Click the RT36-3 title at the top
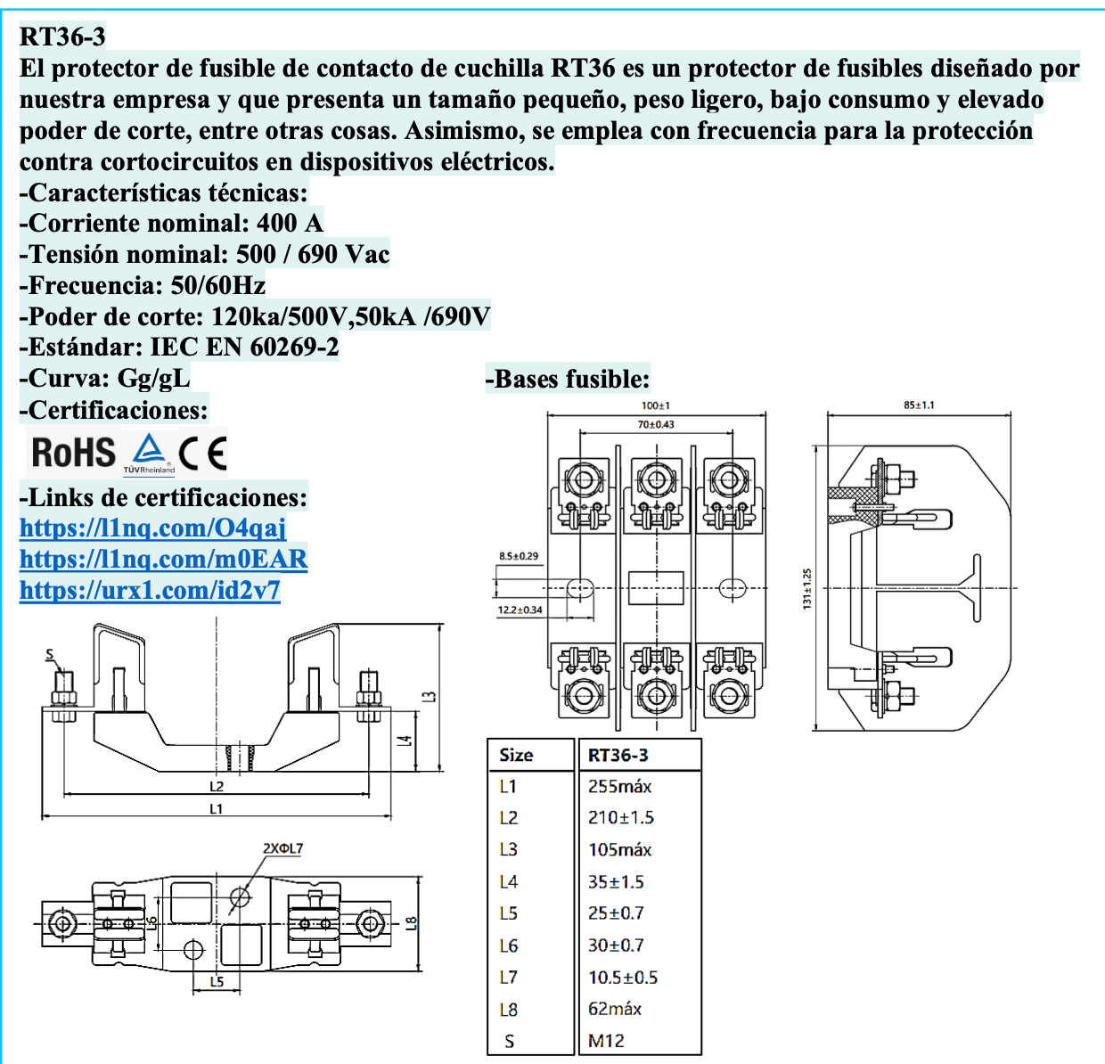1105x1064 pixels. coord(62,37)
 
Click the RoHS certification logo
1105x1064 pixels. coord(74,453)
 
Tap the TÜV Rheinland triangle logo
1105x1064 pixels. coord(149,453)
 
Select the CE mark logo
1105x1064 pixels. coord(203,454)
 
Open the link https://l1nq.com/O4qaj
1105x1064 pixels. coord(152,528)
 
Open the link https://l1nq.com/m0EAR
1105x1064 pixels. coord(163,560)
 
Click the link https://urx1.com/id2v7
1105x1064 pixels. coord(150,591)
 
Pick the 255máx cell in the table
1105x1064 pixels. coord(619,787)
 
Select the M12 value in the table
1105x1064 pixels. coord(606,1041)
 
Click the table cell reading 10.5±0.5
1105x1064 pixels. coord(623,978)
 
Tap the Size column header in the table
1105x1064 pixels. coord(516,756)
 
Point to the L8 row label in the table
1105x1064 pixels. coord(508,1010)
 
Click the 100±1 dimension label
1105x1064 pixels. coord(656,405)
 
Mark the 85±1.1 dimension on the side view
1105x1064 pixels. coord(919,405)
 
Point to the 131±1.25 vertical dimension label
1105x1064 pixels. coord(807,589)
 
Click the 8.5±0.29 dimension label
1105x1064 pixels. coord(519,556)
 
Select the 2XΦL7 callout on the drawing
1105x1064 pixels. coord(282,848)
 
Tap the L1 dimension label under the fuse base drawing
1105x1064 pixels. coord(217,809)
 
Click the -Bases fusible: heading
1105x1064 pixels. coord(568,380)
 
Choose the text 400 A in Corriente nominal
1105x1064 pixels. coord(290,223)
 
